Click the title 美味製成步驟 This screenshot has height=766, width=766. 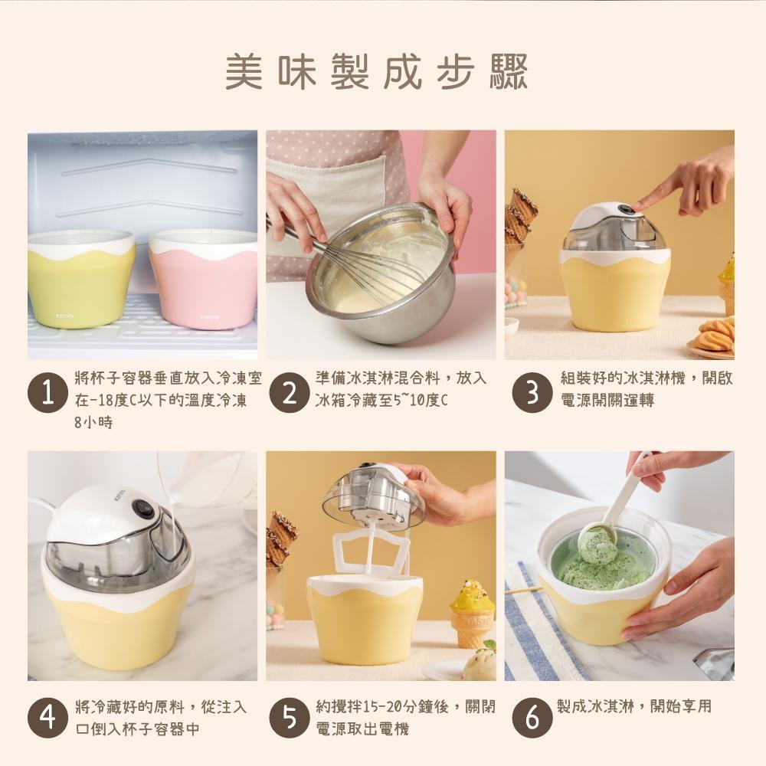(376, 71)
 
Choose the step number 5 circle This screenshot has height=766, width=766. (289, 718)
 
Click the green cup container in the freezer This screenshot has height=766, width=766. (81, 280)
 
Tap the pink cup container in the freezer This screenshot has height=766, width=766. (203, 280)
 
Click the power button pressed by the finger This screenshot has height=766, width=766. (628, 209)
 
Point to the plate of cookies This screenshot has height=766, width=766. (712, 337)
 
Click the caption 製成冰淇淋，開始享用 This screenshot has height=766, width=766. (633, 707)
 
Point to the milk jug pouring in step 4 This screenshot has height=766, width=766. (203, 479)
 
